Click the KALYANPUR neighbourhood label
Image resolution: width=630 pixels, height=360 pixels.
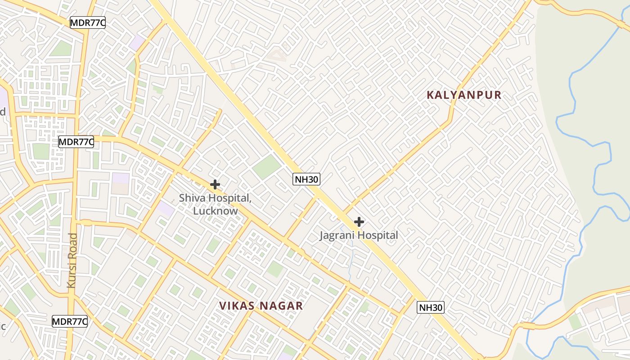point(463,95)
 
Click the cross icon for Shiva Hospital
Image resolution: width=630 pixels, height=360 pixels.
point(215,184)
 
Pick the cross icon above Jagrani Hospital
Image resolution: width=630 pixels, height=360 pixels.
point(359,222)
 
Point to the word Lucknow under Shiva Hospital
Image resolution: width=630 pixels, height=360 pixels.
point(215,211)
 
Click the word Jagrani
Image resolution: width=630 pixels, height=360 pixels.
point(337,235)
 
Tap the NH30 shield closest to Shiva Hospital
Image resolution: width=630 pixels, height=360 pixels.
point(306,179)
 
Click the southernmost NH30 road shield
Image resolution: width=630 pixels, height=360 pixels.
point(431,307)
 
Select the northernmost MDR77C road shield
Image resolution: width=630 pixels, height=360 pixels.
point(88,23)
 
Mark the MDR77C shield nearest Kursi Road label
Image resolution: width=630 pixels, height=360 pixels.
point(70,321)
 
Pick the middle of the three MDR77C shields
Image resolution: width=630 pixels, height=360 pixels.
point(76,142)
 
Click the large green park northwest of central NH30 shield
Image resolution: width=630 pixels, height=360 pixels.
point(266,166)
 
